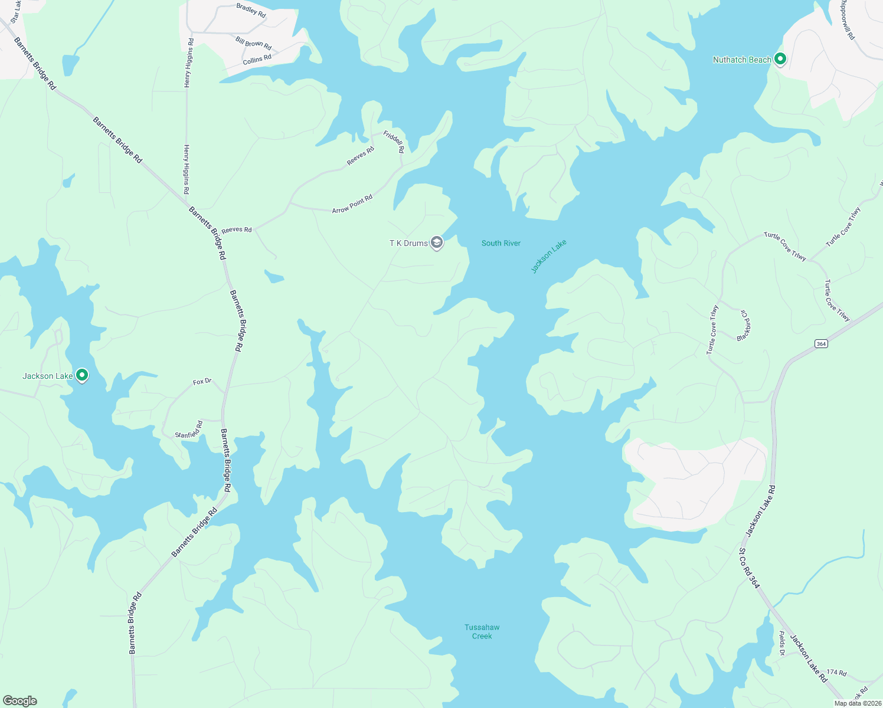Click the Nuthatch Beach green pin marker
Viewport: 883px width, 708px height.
pyautogui.click(x=780, y=59)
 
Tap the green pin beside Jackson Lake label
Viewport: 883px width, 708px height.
pyautogui.click(x=82, y=375)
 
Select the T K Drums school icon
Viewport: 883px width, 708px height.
pyautogui.click(x=436, y=242)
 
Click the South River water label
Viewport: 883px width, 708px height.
pyautogui.click(x=501, y=243)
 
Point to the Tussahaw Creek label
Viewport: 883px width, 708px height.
pyautogui.click(x=482, y=631)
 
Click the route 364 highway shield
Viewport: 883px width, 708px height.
pyautogui.click(x=820, y=343)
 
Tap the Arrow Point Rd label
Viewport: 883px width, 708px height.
pyautogui.click(x=352, y=204)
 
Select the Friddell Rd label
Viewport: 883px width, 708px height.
pyautogui.click(x=394, y=142)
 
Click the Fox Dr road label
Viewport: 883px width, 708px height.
pyautogui.click(x=202, y=382)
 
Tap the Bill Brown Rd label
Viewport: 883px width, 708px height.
pyautogui.click(x=253, y=43)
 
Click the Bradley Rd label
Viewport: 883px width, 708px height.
pyautogui.click(x=251, y=10)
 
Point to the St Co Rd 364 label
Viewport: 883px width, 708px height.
pyautogui.click(x=749, y=568)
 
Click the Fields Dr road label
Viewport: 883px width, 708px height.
pyautogui.click(x=781, y=643)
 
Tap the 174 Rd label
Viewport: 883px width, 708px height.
pyautogui.click(x=836, y=673)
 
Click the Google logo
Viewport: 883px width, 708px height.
pyautogui.click(x=20, y=701)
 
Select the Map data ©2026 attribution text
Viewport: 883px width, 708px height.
pyautogui.click(x=858, y=703)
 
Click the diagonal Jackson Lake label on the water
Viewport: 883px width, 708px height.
pyautogui.click(x=548, y=256)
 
